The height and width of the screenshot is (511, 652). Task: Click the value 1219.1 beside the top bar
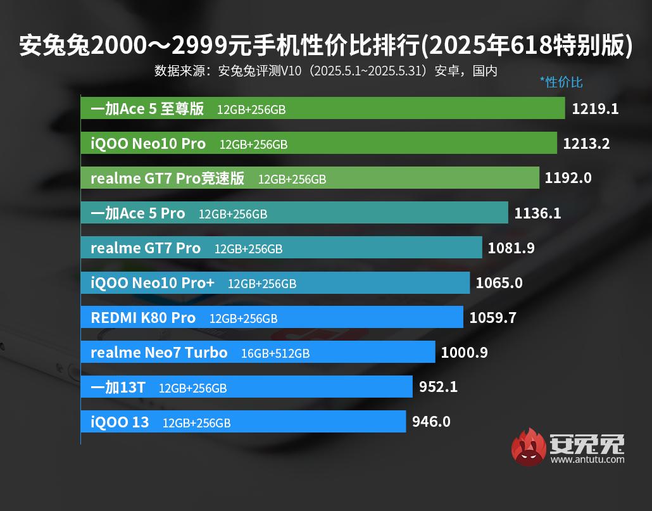coord(594,108)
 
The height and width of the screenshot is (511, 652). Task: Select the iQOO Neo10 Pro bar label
coord(148,144)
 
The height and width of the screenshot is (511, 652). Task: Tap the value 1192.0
coord(568,178)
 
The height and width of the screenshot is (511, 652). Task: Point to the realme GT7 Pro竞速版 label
coord(167,179)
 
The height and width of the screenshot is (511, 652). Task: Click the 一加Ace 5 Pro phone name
coord(138,213)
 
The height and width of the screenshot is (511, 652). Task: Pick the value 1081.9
coord(511,248)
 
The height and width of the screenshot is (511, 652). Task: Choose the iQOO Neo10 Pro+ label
coord(153,283)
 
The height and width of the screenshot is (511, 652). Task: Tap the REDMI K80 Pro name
coord(143,318)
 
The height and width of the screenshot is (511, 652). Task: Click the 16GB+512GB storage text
coord(275,353)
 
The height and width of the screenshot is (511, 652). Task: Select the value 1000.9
coord(464,353)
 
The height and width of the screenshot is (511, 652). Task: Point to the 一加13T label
coord(118,388)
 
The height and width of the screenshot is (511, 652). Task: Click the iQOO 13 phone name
coord(120,422)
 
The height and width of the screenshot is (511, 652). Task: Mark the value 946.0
coord(431,422)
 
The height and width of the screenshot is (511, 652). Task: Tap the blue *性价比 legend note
coord(561,82)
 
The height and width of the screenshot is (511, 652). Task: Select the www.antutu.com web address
coord(587,460)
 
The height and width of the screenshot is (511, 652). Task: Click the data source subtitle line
coord(325,71)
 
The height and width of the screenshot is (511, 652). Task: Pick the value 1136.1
coord(537,213)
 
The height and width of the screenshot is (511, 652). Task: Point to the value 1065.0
coord(499,283)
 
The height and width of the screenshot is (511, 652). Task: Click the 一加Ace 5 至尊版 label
coord(147,109)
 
